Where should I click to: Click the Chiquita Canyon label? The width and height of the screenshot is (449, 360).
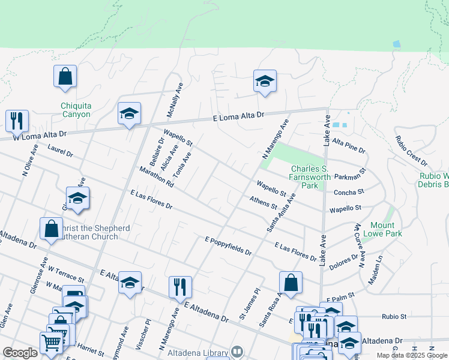pos(76,110)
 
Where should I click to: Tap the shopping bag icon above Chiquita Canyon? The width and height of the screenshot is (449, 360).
pos(65,77)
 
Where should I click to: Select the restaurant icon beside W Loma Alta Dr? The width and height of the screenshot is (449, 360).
pos(17,121)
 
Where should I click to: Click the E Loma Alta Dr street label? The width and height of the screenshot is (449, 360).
pos(239,116)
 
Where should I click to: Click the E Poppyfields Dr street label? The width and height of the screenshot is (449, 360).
pos(228,245)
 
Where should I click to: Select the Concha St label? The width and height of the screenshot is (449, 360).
pos(349,192)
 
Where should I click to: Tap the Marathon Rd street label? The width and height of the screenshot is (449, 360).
pos(155,176)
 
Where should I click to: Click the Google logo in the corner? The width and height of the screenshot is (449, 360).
pos(20,353)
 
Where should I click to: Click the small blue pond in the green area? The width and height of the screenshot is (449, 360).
pos(396,44)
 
